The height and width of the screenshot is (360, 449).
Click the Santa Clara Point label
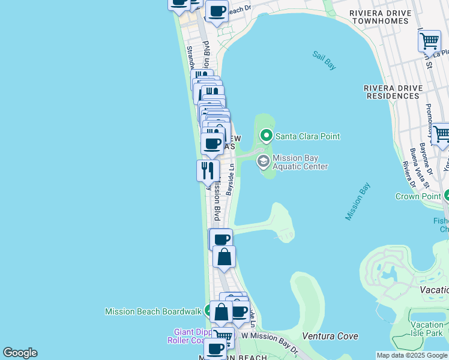click(x=307, y=136)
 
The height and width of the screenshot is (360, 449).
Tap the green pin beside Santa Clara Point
click(x=266, y=136)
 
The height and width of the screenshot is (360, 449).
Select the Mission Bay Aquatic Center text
click(x=300, y=162)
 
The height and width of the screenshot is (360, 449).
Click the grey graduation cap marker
click(x=263, y=161)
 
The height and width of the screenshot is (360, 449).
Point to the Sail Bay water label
click(x=324, y=61)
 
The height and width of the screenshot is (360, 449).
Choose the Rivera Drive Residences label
click(x=393, y=92)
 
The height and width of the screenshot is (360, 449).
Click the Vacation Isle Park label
click(x=427, y=329)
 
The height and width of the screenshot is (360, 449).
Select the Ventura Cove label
click(x=330, y=336)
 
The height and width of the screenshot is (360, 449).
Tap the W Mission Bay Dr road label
click(x=270, y=336)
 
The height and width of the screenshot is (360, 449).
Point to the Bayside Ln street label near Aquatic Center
click(x=230, y=178)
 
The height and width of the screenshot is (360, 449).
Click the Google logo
click(x=20, y=353)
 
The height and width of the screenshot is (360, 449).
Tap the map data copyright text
click(x=412, y=355)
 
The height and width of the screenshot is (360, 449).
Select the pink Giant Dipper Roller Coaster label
click(x=187, y=336)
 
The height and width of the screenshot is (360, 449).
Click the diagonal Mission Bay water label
click(x=358, y=202)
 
